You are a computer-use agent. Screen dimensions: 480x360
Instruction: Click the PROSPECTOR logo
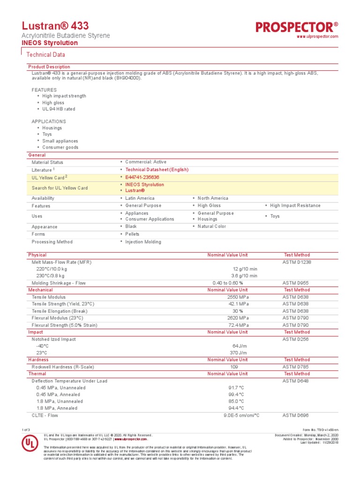click(x=297, y=27)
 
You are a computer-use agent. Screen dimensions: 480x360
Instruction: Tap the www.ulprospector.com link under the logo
click(x=318, y=37)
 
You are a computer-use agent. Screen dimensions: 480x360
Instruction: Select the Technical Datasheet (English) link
click(x=157, y=170)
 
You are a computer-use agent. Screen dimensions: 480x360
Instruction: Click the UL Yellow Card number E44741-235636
click(x=142, y=177)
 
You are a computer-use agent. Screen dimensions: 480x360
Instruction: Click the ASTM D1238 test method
click(x=297, y=262)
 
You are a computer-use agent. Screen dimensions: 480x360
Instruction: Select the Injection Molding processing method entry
click(x=143, y=242)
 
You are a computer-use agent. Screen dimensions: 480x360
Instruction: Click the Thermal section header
click(x=37, y=374)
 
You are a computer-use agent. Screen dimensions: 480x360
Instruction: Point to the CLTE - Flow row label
click(x=45, y=415)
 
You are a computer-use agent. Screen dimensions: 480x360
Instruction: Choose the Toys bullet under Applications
click(x=47, y=134)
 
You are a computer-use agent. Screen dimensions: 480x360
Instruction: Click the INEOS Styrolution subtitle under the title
click(x=50, y=43)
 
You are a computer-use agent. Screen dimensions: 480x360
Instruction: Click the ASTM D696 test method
click(x=295, y=415)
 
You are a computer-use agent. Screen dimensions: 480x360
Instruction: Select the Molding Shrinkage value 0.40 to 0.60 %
click(x=228, y=283)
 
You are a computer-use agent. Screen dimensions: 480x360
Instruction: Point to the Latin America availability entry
click(x=140, y=198)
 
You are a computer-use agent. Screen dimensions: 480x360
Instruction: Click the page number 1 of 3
click(x=26, y=430)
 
